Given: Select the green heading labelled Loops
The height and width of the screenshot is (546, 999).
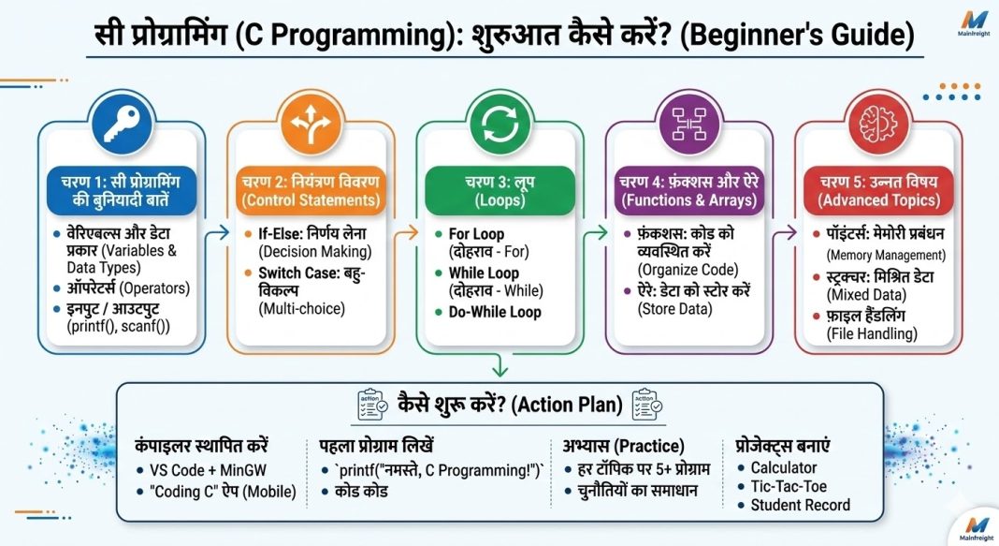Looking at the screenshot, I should (499, 200).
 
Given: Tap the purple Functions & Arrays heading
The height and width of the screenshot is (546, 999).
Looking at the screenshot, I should (688, 200).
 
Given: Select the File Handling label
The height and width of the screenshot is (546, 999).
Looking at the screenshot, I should (870, 333).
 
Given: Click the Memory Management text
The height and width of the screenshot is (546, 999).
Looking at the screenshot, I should (884, 254).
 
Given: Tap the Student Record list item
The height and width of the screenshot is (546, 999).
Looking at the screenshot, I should (801, 505).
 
